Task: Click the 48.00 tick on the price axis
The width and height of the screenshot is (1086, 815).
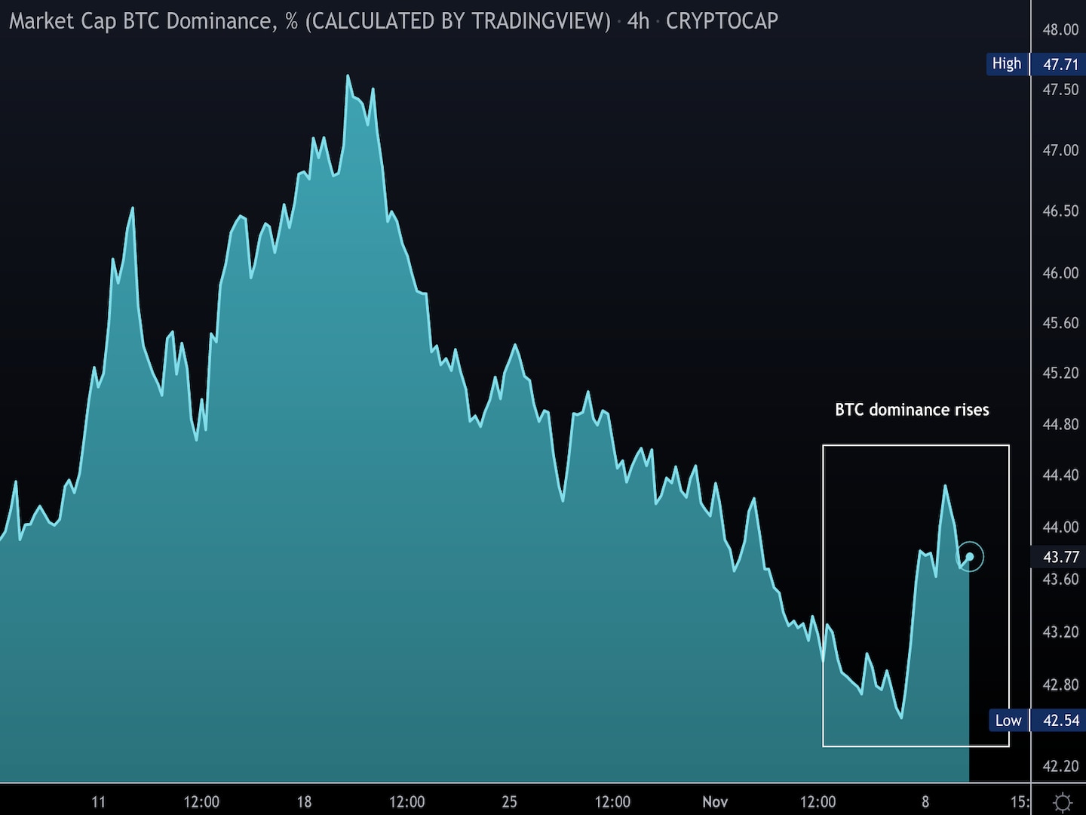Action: [x=1060, y=29]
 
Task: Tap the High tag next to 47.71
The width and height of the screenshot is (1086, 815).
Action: [x=1007, y=63]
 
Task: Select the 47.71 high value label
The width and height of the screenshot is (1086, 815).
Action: [x=1060, y=64]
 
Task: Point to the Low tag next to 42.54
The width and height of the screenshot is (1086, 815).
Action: [x=1008, y=721]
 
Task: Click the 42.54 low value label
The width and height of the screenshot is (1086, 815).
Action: [x=1060, y=721]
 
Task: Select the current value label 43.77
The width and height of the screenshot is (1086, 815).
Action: [x=1060, y=557]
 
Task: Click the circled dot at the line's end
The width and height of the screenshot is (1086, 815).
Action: [x=970, y=557]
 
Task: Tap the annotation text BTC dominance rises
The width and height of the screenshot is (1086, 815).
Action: [x=912, y=410]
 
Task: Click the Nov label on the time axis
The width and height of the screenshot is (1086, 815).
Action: [x=715, y=801]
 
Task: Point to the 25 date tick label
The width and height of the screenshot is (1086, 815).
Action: [x=510, y=801]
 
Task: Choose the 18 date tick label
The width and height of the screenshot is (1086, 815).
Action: [x=304, y=801]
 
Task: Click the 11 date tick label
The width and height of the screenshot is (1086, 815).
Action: [x=98, y=801]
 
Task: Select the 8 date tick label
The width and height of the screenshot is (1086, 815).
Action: [x=925, y=801]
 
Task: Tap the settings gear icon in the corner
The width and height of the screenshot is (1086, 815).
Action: [x=1062, y=801]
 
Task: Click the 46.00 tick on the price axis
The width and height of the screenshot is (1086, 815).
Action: [x=1060, y=272]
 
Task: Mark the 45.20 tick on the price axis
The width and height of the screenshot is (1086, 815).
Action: [x=1060, y=373]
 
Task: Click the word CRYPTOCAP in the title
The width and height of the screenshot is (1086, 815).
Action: [x=722, y=20]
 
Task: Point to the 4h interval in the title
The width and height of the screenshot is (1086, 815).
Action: [x=638, y=20]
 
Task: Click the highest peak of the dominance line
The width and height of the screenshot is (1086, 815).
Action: [x=348, y=76]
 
